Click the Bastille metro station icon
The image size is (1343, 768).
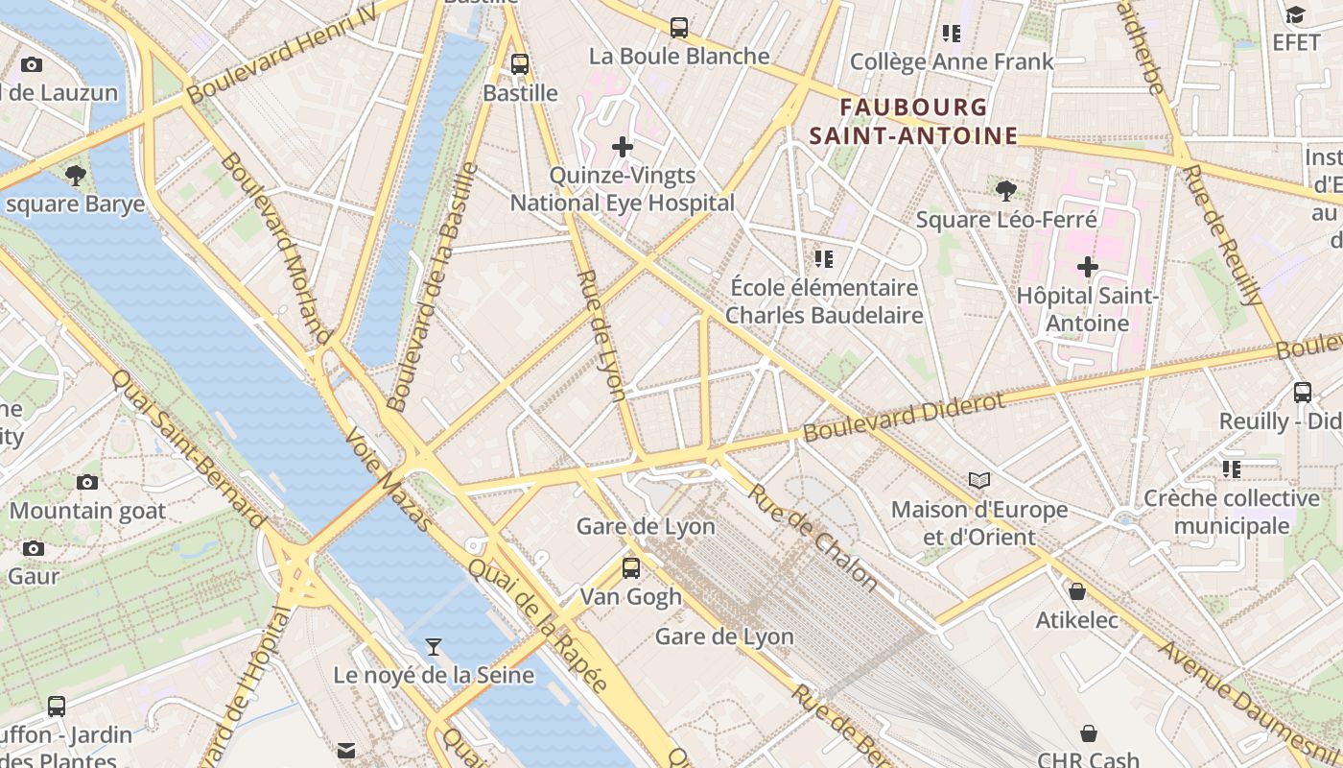pyautogui.click(x=520, y=64)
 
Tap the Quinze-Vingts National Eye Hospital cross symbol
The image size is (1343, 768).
pyautogui.click(x=623, y=147)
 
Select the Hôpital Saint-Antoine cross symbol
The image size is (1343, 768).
pyautogui.click(x=1087, y=266)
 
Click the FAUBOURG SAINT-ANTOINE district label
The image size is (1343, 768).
pyautogui.click(x=912, y=121)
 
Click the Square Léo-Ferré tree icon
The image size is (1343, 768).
pyautogui.click(x=1005, y=190)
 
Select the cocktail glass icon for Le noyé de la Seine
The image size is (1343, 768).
pyautogui.click(x=434, y=646)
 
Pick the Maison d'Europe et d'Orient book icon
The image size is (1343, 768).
pyautogui.click(x=978, y=480)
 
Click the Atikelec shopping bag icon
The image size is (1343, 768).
pyautogui.click(x=1077, y=591)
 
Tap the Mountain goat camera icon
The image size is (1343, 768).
pyautogui.click(x=87, y=482)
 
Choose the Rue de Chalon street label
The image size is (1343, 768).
pyautogui.click(x=813, y=537)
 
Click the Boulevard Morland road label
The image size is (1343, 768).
pyautogui.click(x=276, y=248)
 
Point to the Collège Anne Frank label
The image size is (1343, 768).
pyautogui.click(x=952, y=62)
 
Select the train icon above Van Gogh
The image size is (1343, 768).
pyautogui.click(x=630, y=567)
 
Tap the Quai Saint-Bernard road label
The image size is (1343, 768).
pyautogui.click(x=190, y=448)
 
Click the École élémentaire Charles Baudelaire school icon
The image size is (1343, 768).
pyautogui.click(x=823, y=258)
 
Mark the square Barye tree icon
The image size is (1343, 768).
pyautogui.click(x=75, y=175)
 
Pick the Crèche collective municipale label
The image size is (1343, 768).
pyautogui.click(x=1231, y=512)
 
